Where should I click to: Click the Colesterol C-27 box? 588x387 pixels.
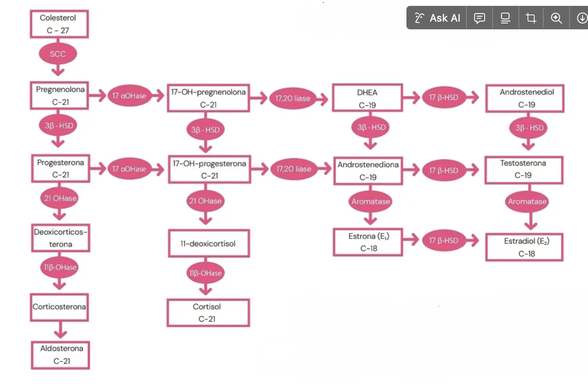click(59, 24)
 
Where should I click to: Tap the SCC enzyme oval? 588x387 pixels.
click(58, 54)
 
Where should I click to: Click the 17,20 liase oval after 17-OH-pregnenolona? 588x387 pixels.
click(296, 98)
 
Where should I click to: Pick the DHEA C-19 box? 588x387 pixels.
click(367, 98)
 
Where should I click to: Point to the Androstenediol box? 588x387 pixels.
click(525, 98)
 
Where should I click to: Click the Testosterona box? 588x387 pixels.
click(524, 169)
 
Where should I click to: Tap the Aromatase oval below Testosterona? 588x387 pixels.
click(527, 202)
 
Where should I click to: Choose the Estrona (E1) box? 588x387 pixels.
click(368, 242)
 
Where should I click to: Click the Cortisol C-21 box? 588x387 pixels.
click(208, 313)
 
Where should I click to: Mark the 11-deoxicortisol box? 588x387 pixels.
click(209, 244)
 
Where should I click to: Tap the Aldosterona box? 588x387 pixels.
click(61, 355)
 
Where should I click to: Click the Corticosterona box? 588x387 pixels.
click(59, 307)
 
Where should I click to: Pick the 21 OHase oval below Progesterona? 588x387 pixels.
click(59, 198)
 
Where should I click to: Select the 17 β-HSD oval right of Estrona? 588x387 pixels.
click(440, 241)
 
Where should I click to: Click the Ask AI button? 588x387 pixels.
click(437, 18)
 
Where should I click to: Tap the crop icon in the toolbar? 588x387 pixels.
click(531, 18)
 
